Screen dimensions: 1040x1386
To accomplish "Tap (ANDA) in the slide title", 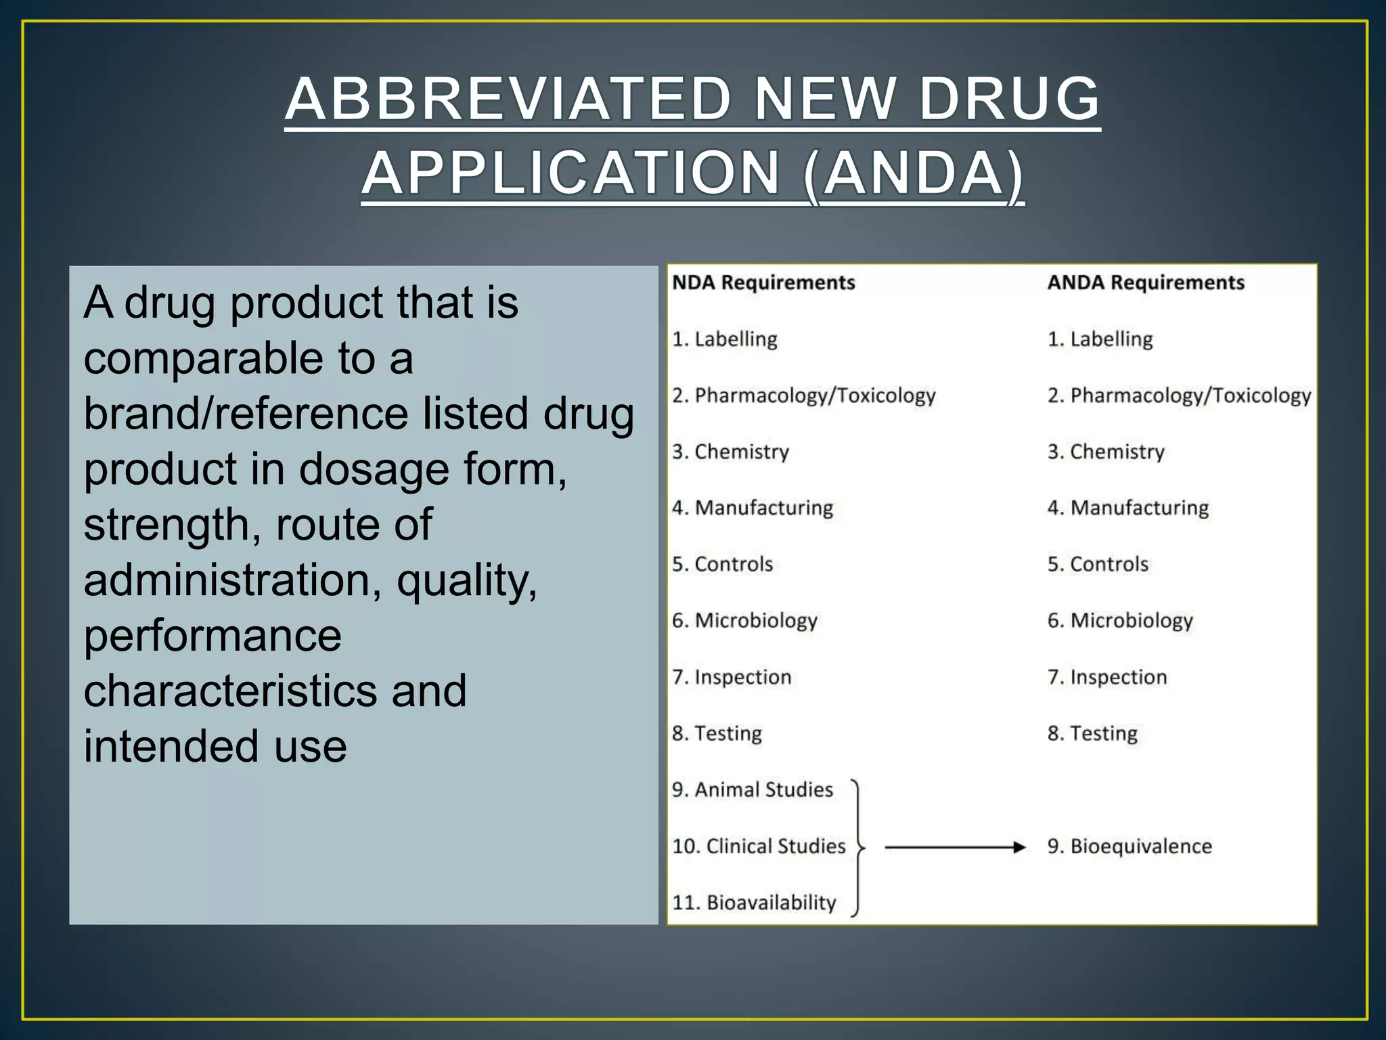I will [914, 173].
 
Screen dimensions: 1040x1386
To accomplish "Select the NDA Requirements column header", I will [763, 282].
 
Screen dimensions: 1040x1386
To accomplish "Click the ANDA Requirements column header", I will [1146, 282].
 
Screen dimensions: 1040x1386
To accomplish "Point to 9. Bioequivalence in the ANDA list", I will [1130, 846].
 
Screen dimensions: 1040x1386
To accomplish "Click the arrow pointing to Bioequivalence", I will [955, 847].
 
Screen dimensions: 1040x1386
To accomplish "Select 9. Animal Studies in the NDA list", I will [752, 789].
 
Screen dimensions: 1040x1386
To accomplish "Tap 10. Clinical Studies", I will [759, 846].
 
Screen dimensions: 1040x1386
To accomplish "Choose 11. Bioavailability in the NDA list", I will [754, 903].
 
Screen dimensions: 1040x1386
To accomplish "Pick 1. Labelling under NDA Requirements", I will [724, 339].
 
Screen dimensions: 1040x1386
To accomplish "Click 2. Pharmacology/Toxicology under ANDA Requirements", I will [1179, 395].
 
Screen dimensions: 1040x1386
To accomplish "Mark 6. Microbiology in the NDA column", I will [744, 620].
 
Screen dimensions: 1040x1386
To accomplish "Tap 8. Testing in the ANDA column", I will [1092, 733].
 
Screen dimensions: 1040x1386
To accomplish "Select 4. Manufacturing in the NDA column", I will [753, 508].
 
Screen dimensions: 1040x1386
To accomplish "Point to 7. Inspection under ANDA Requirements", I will [1107, 677].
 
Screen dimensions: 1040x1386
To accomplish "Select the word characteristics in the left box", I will [230, 691].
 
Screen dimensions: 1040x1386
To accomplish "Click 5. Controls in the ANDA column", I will [1098, 564].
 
